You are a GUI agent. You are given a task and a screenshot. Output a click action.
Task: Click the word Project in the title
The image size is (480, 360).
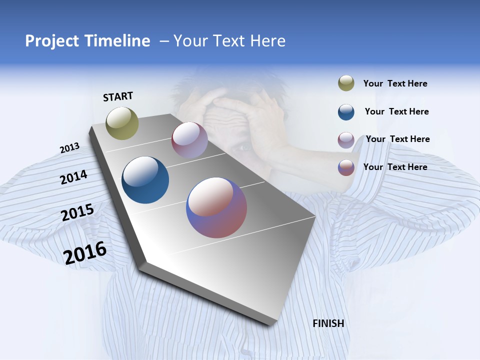tap(52, 41)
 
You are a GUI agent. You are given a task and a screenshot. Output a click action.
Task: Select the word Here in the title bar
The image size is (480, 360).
tap(267, 41)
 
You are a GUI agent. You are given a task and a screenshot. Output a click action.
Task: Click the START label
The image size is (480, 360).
tap(118, 96)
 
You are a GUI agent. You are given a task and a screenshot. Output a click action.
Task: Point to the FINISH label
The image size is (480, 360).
tap(328, 323)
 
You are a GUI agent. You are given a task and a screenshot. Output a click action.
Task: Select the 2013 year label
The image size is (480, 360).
tap(69, 148)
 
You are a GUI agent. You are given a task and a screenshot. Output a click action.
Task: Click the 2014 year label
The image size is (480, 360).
tap(73, 177)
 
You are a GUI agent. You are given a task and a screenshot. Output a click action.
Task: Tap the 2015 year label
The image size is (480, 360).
tap(77, 212)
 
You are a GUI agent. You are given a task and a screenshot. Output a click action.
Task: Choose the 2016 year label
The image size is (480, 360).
tap(85, 252)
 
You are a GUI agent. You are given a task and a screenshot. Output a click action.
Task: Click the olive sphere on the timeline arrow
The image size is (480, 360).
tap(122, 123)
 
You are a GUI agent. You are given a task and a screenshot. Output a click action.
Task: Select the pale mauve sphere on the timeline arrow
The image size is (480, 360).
tap(189, 140)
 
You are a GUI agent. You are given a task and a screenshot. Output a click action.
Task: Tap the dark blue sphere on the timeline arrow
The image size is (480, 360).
tap(145, 180)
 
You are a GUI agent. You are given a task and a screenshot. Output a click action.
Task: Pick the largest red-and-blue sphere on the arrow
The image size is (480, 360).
tap(216, 207)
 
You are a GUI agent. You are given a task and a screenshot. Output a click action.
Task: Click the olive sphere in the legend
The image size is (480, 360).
tap(346, 83)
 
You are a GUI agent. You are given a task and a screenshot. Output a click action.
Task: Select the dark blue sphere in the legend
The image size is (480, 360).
tap(346, 112)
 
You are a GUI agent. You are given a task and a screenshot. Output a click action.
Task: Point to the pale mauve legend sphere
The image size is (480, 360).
tap(346, 140)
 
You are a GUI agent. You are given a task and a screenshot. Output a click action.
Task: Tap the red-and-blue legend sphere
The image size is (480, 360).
tap(346, 167)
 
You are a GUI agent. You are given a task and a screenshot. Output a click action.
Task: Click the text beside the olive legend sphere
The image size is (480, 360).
tap(395, 83)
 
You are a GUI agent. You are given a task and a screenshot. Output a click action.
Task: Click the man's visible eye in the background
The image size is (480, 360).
tap(243, 147)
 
